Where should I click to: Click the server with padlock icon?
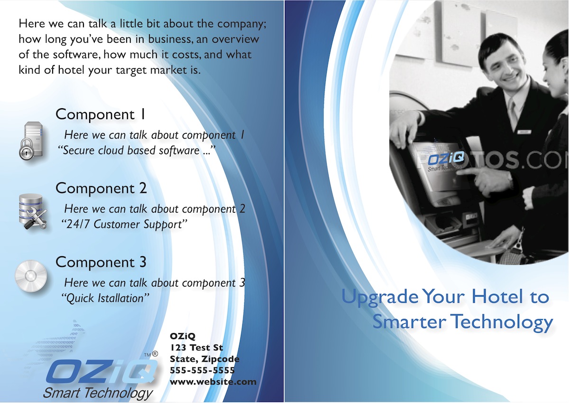31,141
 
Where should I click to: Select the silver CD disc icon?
31,276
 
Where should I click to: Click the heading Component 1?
101,114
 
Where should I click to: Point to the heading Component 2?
101,188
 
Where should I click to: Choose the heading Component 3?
101,262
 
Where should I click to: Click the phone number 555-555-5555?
202,370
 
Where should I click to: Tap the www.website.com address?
213,382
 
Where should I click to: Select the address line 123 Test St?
196,347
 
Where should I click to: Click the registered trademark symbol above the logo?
155,354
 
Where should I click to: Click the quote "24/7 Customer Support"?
124,224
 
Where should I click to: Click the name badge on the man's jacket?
524,132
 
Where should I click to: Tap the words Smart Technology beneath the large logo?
98,393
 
